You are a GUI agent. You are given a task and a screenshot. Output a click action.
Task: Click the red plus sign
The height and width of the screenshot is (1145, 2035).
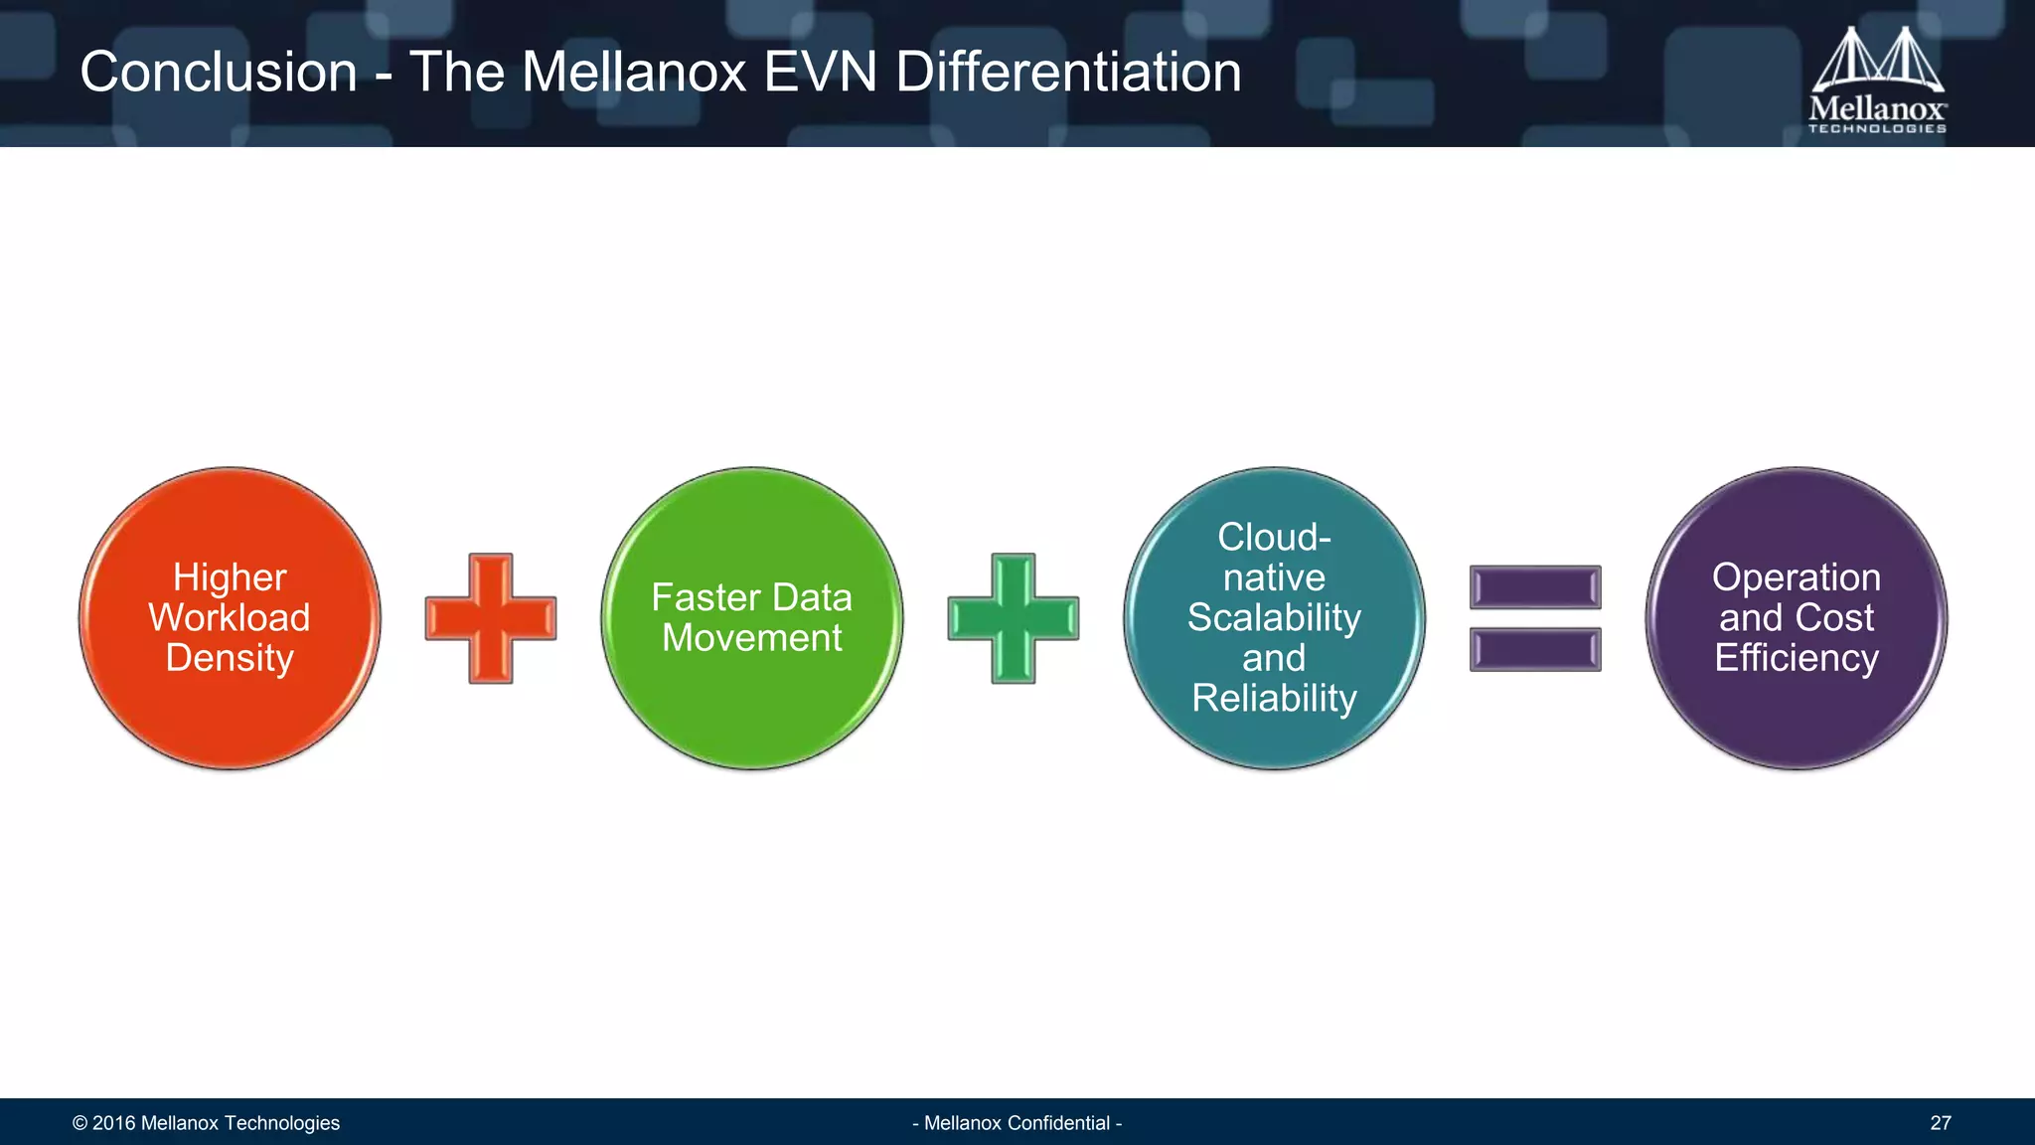[x=491, y=618]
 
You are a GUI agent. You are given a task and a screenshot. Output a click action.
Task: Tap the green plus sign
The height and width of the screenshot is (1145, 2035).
[x=1013, y=618]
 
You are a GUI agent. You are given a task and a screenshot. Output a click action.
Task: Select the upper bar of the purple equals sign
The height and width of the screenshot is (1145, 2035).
[x=1535, y=587]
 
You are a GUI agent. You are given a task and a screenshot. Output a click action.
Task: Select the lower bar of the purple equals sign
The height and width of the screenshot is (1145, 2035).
[x=1535, y=650]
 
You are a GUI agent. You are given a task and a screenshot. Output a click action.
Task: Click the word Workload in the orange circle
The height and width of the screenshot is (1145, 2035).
[x=230, y=618]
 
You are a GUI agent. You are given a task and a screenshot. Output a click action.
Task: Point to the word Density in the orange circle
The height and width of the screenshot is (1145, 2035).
[x=230, y=658]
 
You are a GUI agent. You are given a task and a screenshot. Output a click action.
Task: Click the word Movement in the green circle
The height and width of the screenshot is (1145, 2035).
[x=752, y=638]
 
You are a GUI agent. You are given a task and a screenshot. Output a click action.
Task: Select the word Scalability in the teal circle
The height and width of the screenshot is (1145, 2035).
[x=1274, y=618]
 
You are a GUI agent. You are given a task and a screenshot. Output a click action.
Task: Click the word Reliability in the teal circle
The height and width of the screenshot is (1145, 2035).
[x=1274, y=699]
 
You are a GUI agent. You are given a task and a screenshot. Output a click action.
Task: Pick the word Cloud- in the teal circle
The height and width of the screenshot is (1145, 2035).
[x=1274, y=538]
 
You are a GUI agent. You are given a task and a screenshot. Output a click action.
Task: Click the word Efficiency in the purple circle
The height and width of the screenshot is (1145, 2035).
[x=1797, y=658]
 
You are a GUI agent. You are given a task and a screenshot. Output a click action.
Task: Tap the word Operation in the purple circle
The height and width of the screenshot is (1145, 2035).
[x=1797, y=577]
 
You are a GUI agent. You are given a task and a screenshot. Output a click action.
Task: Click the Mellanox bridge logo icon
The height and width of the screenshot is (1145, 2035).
[x=1877, y=60]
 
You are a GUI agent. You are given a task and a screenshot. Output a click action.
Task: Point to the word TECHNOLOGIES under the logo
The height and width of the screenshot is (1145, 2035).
[x=1877, y=128]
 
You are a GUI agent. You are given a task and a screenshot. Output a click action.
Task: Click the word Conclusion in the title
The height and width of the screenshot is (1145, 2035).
[x=219, y=73]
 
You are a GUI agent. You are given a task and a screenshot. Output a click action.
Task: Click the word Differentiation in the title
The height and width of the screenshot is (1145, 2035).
[x=1068, y=73]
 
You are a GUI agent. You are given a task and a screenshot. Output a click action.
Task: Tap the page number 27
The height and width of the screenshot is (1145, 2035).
[x=1940, y=1123]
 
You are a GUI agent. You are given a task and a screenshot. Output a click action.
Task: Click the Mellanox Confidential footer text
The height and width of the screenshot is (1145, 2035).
[x=1017, y=1123]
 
